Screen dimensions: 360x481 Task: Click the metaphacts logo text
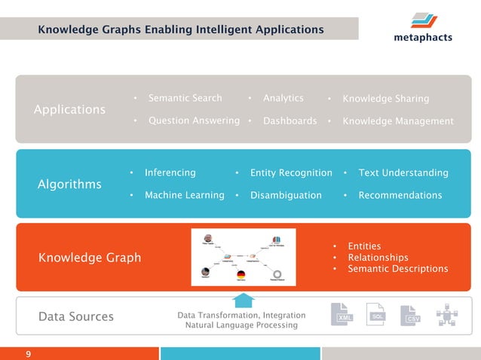coord(422,38)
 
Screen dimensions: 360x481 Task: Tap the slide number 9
coord(28,353)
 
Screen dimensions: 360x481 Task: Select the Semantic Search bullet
coord(185,98)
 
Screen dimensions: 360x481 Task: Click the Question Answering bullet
coord(194,121)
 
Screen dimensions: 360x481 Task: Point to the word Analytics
coord(283,98)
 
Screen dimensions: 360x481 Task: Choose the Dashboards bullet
coord(290,121)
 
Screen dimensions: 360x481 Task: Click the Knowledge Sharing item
coord(385,99)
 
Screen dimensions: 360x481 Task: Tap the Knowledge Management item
coord(397,121)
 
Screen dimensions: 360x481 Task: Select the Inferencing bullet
coord(170,172)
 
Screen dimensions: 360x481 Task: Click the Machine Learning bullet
coord(184,195)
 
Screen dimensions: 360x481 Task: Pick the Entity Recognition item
coord(291,172)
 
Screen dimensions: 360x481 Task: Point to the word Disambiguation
coord(286,195)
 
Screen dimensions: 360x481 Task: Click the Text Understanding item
coord(403,172)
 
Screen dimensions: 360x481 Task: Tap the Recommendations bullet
coord(400,195)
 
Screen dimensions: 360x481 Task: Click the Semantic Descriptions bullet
coord(397,269)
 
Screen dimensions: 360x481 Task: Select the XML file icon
coord(344,316)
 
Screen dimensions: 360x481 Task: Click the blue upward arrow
coord(244,301)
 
